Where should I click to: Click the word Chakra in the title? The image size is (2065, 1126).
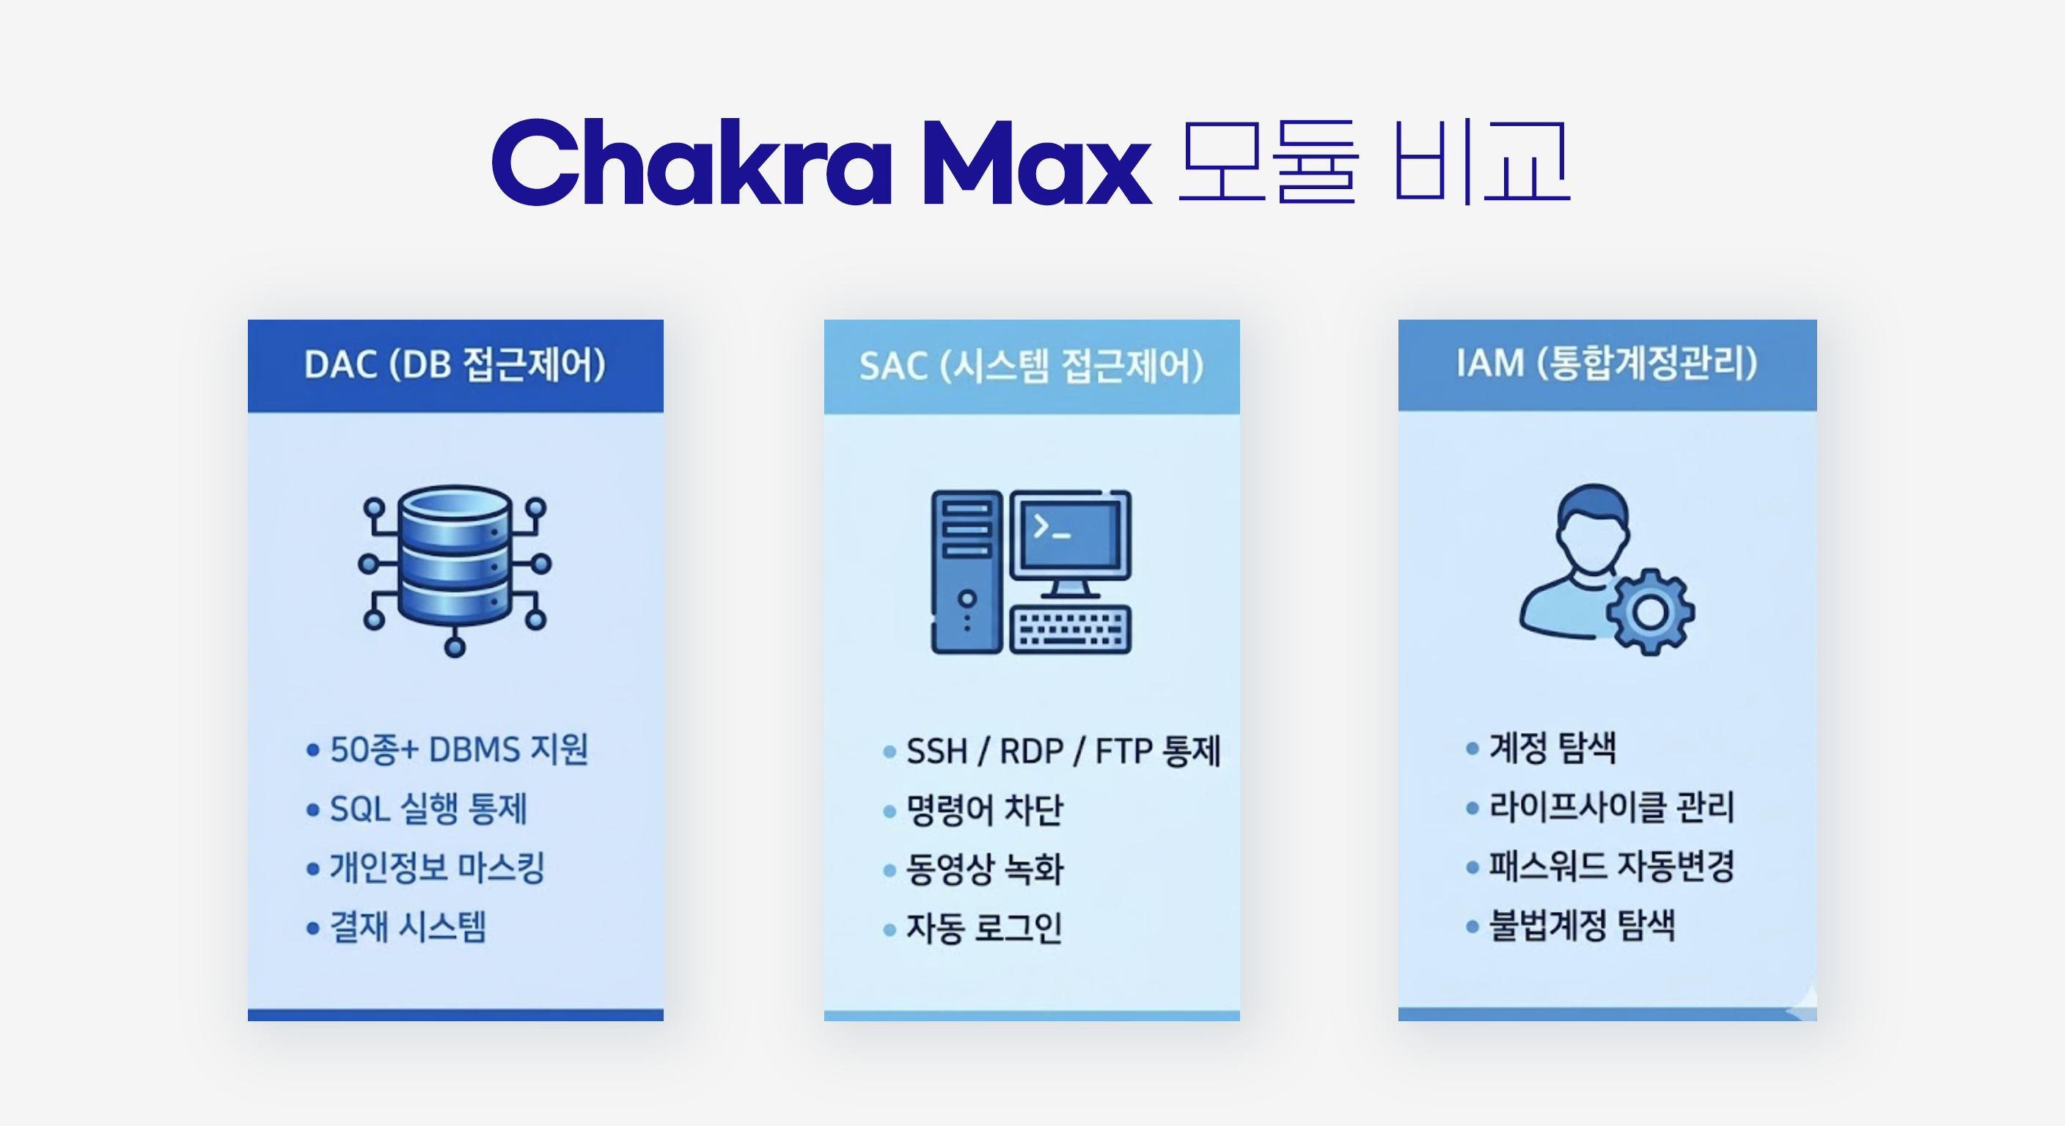coord(692,162)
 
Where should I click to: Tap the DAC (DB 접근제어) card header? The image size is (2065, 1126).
coord(455,366)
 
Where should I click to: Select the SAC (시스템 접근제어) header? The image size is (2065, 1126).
coord(1032,367)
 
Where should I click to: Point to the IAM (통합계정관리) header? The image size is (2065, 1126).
coord(1607,364)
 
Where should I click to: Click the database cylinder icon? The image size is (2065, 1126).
coord(455,556)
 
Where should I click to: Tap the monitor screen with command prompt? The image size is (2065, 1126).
coord(1070,535)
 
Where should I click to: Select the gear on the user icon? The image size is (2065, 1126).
coord(1650,612)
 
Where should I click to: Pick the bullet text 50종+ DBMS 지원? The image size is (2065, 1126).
coord(459,750)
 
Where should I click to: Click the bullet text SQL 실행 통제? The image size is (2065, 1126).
coord(429,809)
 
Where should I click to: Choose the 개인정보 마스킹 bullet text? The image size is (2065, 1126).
coord(438,868)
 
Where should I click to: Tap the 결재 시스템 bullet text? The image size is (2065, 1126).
coord(408,927)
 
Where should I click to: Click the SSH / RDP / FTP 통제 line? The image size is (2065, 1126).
coord(1063,751)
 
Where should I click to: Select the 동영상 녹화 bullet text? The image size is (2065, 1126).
coord(984,869)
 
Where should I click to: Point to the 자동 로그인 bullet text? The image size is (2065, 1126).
coord(984,929)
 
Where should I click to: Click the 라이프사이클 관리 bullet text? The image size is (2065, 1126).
coord(1611,806)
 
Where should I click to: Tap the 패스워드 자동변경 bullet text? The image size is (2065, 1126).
coord(1611,866)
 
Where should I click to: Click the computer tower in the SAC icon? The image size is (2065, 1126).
coord(967,571)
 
